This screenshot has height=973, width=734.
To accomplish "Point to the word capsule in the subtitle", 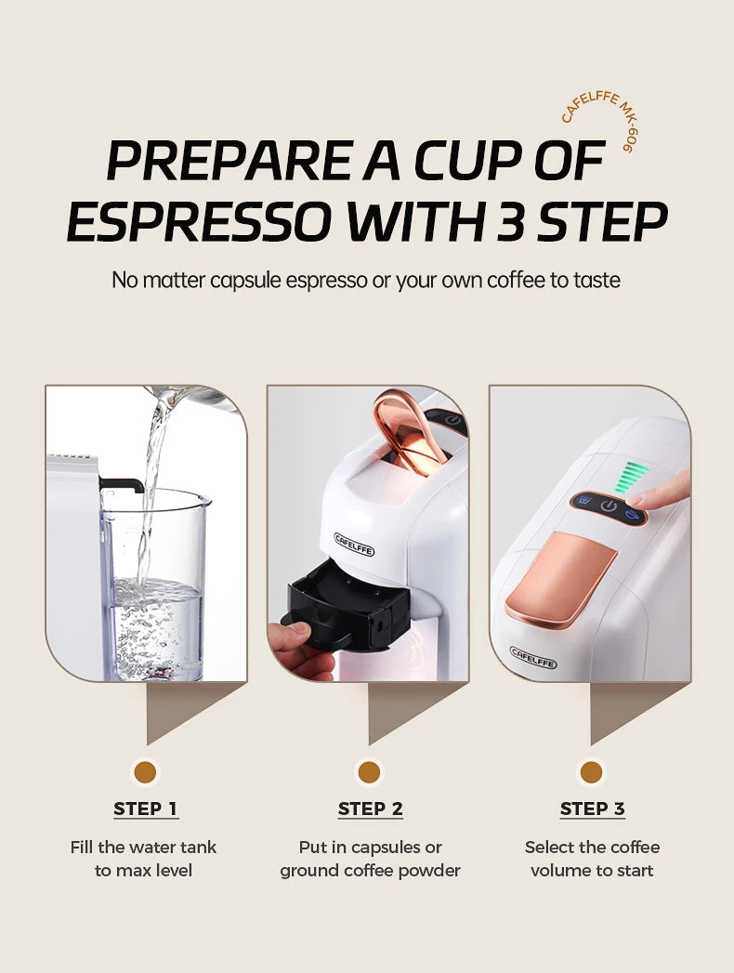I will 263,279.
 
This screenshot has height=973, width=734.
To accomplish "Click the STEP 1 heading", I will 145,809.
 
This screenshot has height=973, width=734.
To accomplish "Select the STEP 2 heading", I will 370,809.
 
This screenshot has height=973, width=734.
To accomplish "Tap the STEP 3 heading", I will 592,809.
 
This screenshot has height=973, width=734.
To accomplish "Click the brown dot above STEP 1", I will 145,771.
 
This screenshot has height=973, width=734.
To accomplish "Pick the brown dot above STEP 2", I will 369,771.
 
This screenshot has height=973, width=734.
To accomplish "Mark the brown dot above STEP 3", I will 591,771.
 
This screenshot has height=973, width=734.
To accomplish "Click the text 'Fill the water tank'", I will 143,847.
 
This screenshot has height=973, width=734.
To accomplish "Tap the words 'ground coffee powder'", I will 370,871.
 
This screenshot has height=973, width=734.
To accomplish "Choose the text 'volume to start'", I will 592,871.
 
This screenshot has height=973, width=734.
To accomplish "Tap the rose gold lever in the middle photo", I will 409,431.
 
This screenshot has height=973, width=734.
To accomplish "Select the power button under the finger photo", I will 609,506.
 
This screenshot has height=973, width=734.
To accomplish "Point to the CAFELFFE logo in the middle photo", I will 354,544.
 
